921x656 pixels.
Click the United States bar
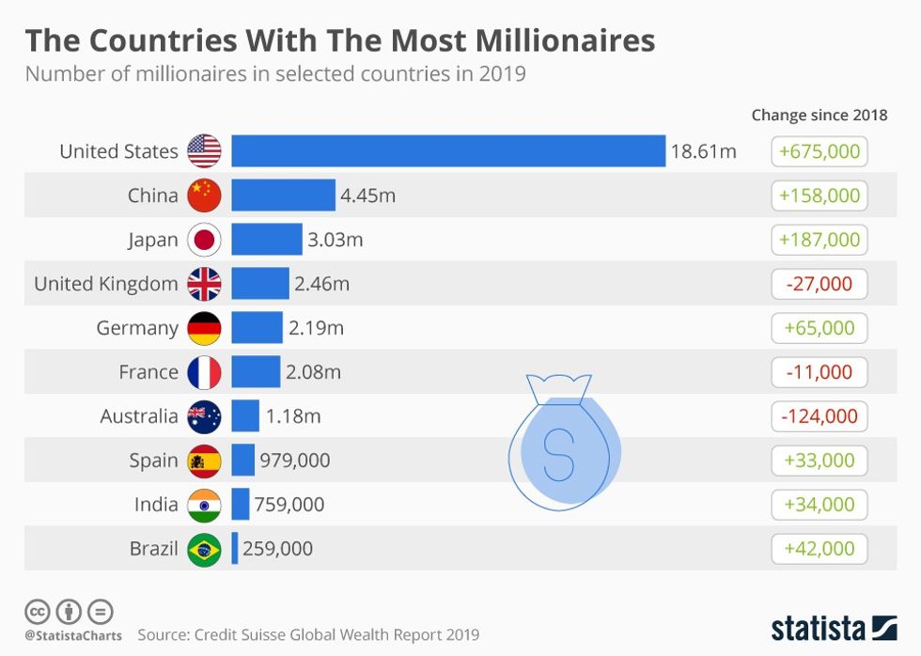pyautogui.click(x=448, y=151)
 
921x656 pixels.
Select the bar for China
pyautogui.click(x=283, y=195)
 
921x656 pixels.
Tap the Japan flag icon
pyautogui.click(x=204, y=240)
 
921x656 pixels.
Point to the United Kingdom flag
pyautogui.click(x=204, y=284)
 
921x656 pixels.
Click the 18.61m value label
pyautogui.click(x=703, y=151)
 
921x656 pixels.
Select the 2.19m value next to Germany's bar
pyautogui.click(x=316, y=328)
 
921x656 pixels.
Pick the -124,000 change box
pyautogui.click(x=820, y=416)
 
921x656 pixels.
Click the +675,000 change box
pyautogui.click(x=820, y=151)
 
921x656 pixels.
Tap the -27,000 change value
pyautogui.click(x=820, y=284)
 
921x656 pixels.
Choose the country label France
pyautogui.click(x=148, y=372)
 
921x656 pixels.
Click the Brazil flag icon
pyautogui.click(x=204, y=549)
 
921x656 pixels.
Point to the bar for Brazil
pyautogui.click(x=235, y=549)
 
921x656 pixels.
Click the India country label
pyautogui.click(x=156, y=505)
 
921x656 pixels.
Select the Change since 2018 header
pyautogui.click(x=820, y=116)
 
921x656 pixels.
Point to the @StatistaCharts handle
pyautogui.click(x=73, y=636)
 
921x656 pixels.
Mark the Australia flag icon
pyautogui.click(x=204, y=416)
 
